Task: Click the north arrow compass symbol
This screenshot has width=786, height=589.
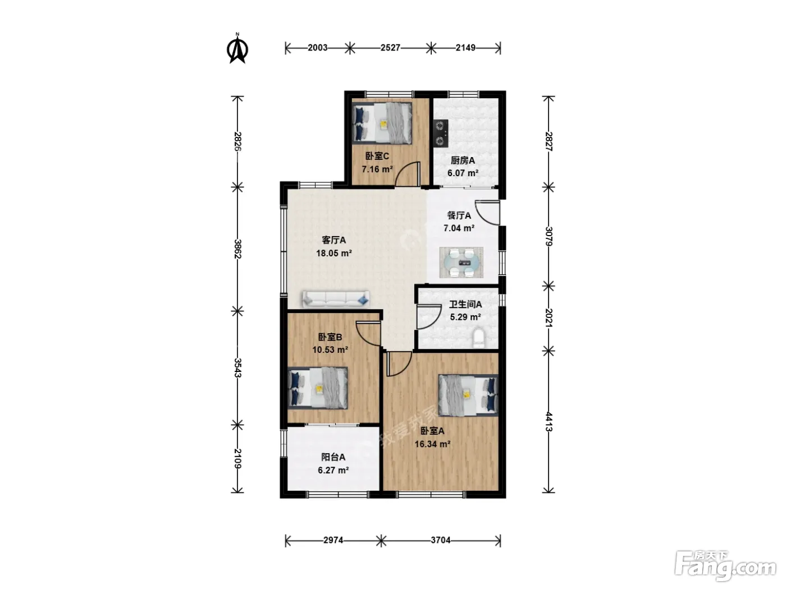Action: (x=237, y=48)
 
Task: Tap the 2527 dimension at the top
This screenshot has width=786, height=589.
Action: (x=390, y=48)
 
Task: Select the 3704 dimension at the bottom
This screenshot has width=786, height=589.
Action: (x=440, y=540)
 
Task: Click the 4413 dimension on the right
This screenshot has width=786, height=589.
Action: (x=549, y=422)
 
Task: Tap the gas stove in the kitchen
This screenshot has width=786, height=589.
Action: (x=441, y=134)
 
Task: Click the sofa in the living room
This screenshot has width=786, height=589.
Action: (x=336, y=299)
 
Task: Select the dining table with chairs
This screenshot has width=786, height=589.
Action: (x=461, y=262)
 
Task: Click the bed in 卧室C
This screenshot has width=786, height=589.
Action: (x=382, y=123)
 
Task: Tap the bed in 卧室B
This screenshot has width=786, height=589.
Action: (x=318, y=388)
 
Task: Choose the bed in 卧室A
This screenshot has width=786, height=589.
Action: (x=468, y=395)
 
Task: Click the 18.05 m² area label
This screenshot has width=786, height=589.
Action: (x=333, y=253)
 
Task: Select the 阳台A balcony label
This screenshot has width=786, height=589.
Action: (x=333, y=457)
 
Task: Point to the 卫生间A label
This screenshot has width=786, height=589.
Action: (x=465, y=305)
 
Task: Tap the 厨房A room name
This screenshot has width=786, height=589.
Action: (x=463, y=160)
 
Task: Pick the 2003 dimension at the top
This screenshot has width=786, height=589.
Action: (x=318, y=48)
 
